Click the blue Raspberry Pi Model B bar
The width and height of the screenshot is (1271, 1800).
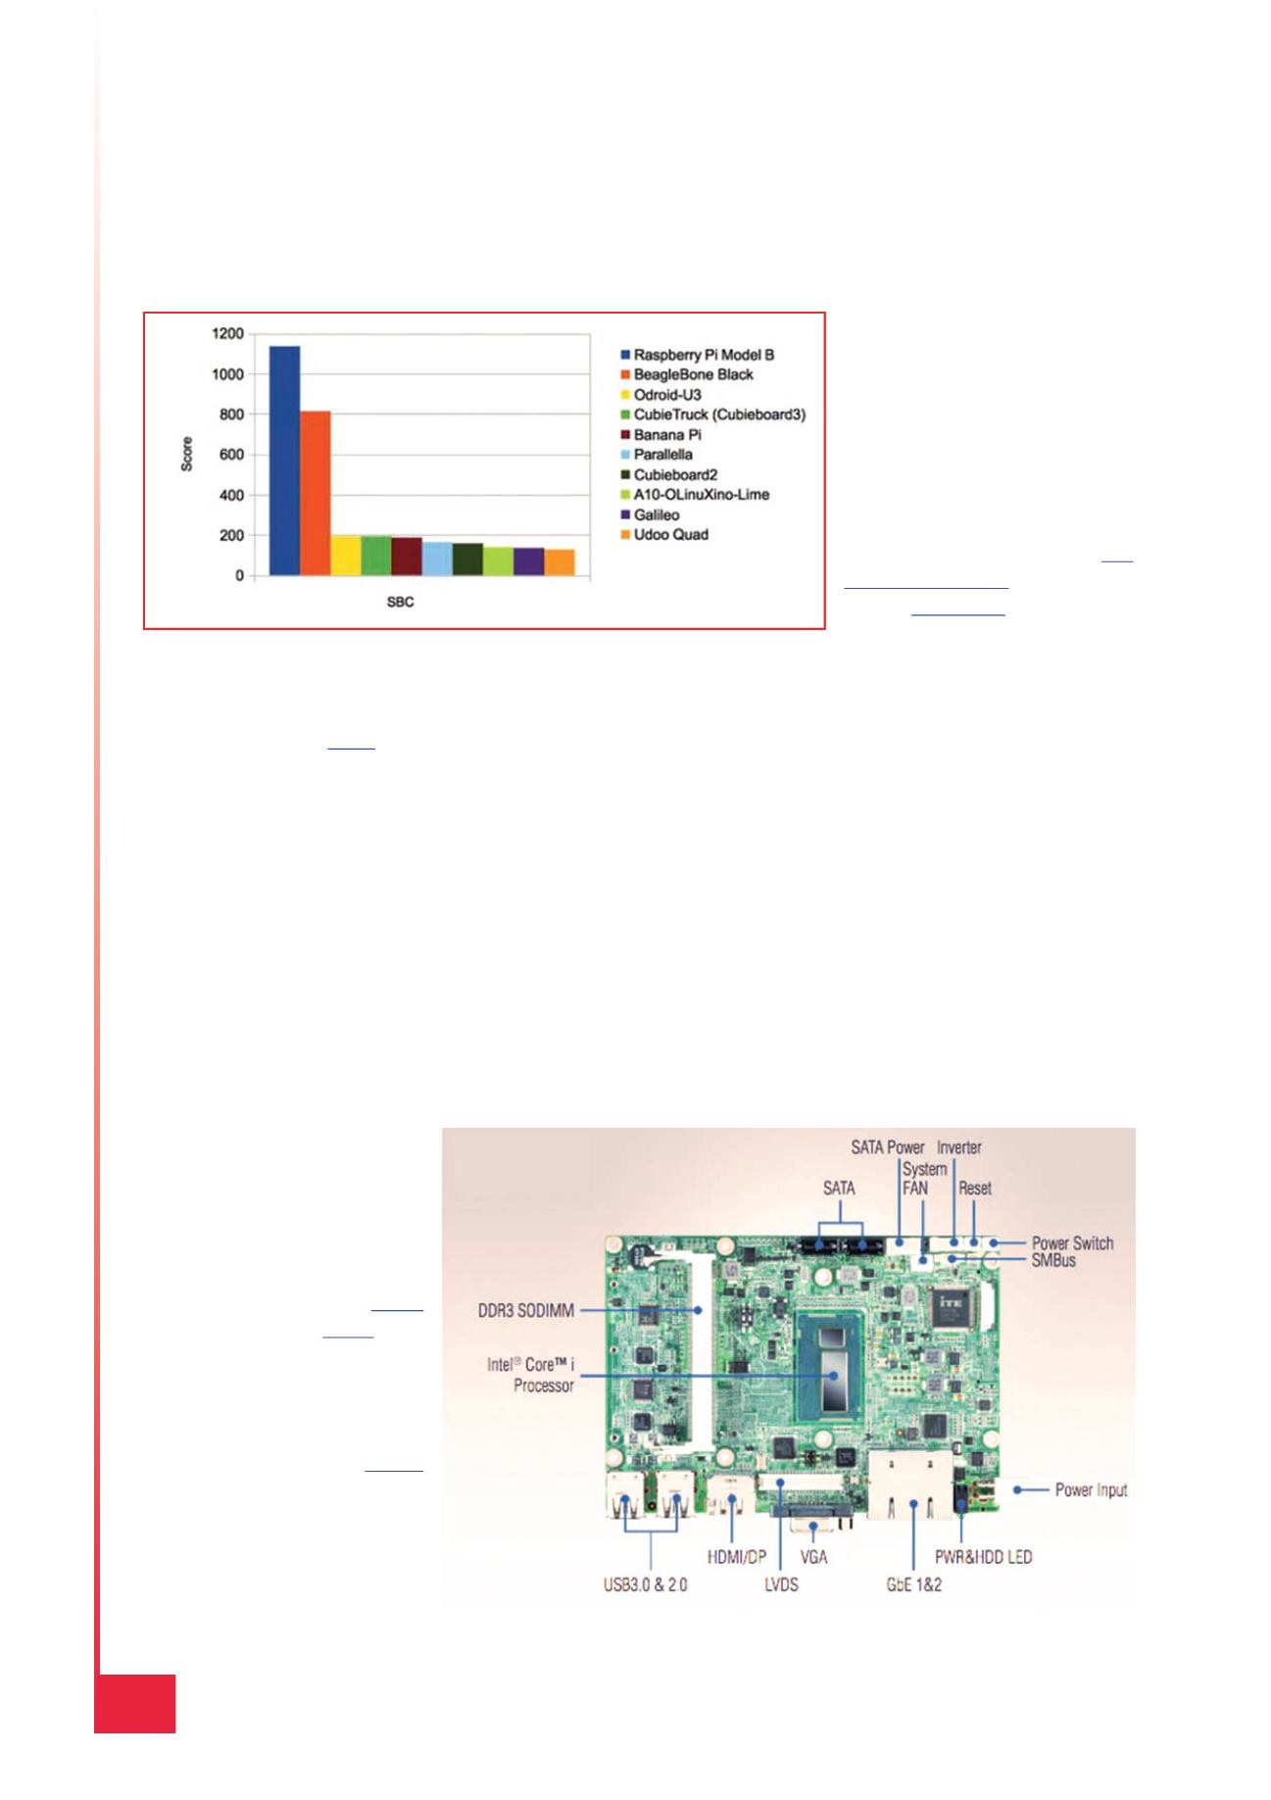[284, 461]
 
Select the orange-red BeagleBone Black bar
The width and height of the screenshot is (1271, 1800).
[316, 494]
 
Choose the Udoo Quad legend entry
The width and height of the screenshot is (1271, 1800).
[663, 534]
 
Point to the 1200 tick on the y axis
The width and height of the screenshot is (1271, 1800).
[227, 334]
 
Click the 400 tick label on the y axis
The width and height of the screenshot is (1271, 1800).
[232, 496]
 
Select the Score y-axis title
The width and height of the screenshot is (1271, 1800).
[186, 455]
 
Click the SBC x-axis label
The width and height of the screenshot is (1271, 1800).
[400, 602]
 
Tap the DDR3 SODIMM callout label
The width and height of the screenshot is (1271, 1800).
[525, 1310]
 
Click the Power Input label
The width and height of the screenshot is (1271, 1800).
[1091, 1490]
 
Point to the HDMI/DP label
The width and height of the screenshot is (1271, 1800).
[736, 1556]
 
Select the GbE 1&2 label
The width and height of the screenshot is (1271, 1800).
[913, 1584]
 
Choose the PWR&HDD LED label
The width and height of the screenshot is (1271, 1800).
[983, 1556]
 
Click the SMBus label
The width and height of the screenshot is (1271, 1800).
[1053, 1260]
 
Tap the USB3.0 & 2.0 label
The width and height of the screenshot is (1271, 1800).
[645, 1584]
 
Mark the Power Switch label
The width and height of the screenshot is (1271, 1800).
[1072, 1242]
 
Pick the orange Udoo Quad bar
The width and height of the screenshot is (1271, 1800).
[560, 562]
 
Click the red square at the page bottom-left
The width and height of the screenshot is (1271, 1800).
[135, 1704]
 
